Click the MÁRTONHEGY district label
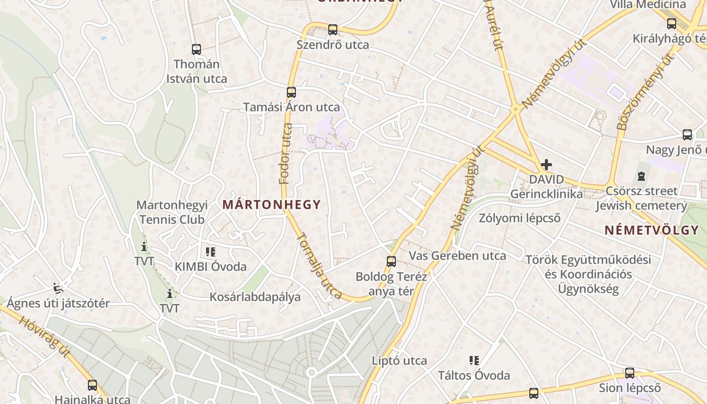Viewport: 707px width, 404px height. click(x=272, y=205)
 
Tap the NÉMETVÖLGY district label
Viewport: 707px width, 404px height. click(x=651, y=230)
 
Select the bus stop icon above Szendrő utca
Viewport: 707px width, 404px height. click(x=332, y=30)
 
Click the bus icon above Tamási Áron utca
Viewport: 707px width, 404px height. click(x=291, y=92)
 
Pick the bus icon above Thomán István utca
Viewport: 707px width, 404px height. click(x=196, y=49)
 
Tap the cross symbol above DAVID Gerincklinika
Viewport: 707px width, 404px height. click(x=546, y=165)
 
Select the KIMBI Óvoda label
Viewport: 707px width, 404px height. click(x=211, y=267)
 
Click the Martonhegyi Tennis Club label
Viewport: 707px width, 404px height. click(x=172, y=212)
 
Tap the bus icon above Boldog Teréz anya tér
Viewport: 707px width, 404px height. click(x=391, y=262)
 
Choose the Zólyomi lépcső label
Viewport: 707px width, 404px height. click(x=520, y=218)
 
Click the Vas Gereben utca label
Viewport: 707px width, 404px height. click(x=457, y=256)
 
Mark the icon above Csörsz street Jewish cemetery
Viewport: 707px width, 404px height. click(x=641, y=176)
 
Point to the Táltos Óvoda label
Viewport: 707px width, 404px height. click(x=474, y=375)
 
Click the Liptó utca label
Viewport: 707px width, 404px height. click(x=399, y=361)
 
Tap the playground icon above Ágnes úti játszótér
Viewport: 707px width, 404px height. click(x=58, y=288)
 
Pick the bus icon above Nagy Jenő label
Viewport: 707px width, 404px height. click(x=687, y=135)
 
